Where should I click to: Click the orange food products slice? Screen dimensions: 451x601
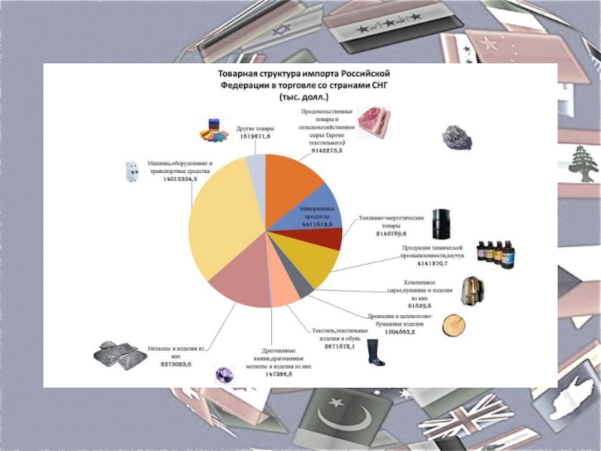(x=293, y=180)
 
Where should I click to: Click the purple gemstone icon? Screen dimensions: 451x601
(x=223, y=373)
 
